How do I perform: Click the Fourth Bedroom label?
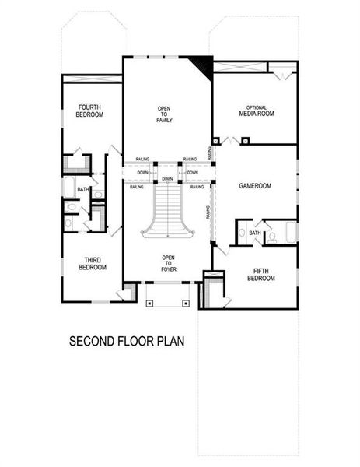point(90,110)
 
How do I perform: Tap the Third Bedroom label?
point(92,263)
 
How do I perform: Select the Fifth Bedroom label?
point(260,274)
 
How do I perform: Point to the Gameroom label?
point(253,187)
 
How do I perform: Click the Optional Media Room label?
point(257,110)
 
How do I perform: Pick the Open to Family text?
point(164,114)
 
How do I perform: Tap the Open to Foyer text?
point(168,263)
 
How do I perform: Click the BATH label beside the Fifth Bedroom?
point(254,233)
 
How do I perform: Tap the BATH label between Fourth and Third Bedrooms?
point(82,189)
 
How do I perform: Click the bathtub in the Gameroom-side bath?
point(290,233)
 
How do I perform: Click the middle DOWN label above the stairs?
point(167,179)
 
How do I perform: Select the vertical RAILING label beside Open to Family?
point(210,150)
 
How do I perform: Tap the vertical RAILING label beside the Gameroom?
point(208,212)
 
